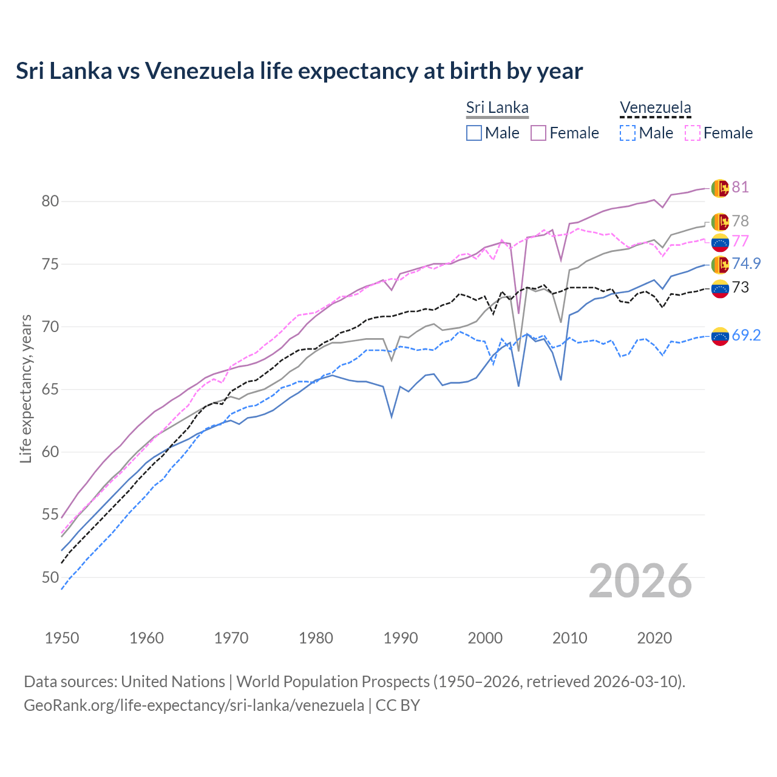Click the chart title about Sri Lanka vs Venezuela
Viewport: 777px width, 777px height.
pos(299,71)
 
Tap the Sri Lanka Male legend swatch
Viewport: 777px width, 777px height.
pos(474,133)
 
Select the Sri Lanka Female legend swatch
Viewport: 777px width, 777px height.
pos(538,133)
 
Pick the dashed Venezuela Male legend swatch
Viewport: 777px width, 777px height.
pos(628,133)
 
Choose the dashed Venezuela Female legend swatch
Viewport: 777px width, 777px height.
pos(692,133)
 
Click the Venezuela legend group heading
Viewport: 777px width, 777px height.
pos(655,108)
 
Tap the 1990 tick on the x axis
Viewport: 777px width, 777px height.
pos(401,638)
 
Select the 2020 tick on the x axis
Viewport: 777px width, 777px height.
pos(654,638)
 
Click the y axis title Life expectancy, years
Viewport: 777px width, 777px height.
pos(25,388)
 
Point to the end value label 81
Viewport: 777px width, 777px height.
pos(740,187)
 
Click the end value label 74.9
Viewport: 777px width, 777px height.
pos(746,263)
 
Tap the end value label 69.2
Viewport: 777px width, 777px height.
pos(746,335)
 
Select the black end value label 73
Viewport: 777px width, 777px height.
pos(740,287)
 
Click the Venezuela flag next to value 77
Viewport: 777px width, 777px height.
pos(720,242)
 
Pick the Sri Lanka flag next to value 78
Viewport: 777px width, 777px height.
pos(720,222)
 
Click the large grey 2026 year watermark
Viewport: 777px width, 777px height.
pos(640,581)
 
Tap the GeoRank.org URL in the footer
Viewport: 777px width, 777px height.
pos(194,705)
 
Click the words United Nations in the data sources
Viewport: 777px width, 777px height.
pos(173,682)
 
